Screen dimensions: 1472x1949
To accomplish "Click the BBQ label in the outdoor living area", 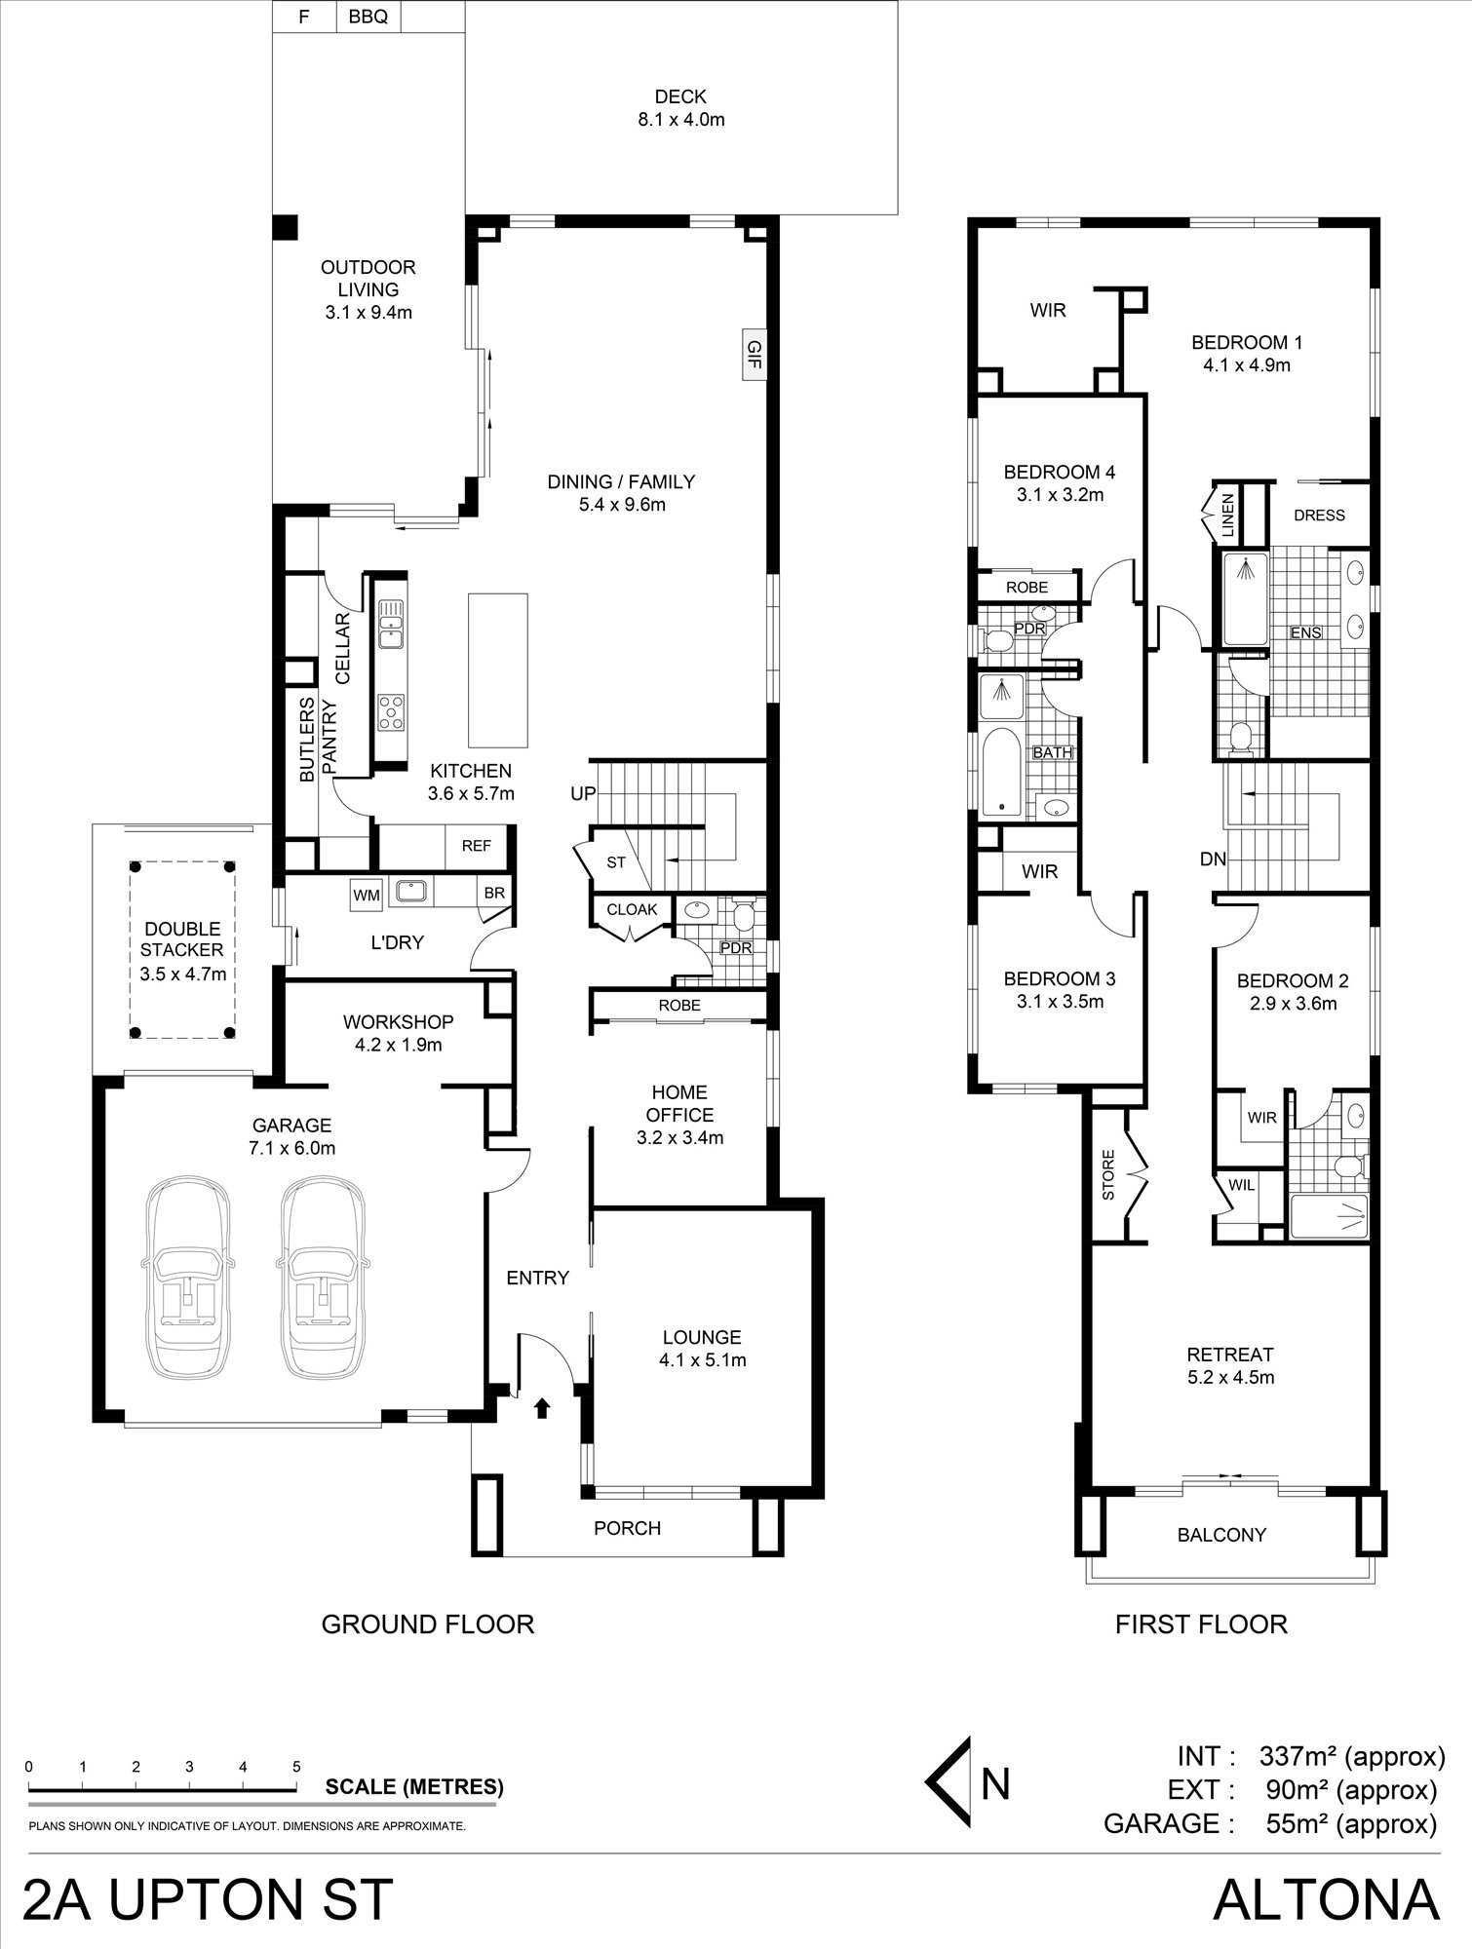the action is [x=368, y=17].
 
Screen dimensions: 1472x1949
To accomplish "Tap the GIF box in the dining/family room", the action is [x=754, y=354].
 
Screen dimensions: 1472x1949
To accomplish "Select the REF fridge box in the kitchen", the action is [x=477, y=846].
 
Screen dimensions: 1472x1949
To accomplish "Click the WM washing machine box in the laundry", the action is [x=367, y=895].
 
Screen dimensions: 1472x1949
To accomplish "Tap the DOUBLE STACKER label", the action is [x=181, y=939].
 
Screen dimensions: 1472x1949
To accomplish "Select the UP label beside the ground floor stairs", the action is [x=583, y=794].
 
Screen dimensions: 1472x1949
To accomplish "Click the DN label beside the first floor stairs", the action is [x=1213, y=860].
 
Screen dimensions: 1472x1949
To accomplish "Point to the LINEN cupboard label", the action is [x=1227, y=516].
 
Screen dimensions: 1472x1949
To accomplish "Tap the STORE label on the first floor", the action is [x=1107, y=1177].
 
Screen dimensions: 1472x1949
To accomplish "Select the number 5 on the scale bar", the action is [x=296, y=1767].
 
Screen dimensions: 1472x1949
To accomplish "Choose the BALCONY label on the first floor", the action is [x=1221, y=1535].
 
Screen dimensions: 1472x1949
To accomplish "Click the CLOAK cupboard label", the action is [x=633, y=909].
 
